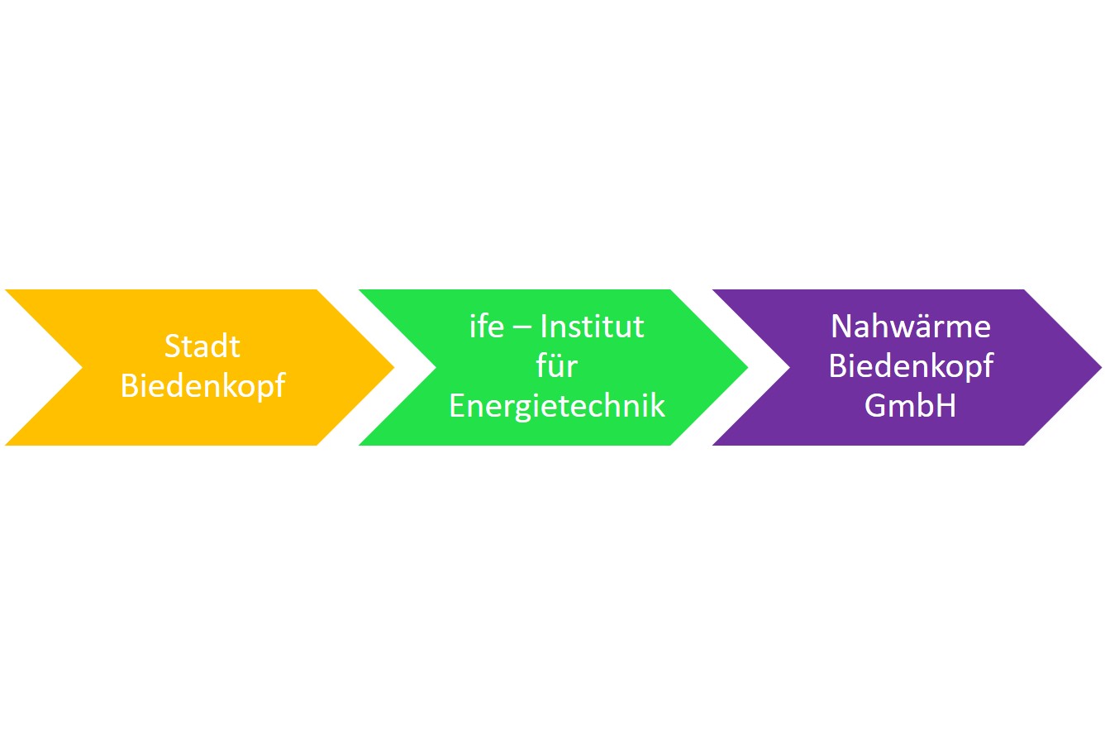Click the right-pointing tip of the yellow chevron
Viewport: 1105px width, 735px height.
pos(394,367)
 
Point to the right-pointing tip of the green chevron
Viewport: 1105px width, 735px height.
pos(748,367)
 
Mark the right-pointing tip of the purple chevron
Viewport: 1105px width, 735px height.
pos(1102,367)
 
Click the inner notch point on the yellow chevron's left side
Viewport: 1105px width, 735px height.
pos(83,367)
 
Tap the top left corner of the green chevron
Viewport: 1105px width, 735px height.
pos(360,289)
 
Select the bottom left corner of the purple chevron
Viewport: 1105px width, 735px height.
pos(712,446)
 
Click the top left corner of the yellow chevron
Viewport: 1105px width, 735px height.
pos(5,289)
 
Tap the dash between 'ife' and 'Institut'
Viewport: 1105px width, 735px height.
pos(522,327)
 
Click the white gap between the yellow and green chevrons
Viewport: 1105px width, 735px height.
pos(376,367)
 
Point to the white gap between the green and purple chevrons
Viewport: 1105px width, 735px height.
pos(730,367)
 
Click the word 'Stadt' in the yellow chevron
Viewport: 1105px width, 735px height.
pos(202,346)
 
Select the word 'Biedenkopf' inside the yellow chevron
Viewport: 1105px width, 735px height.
pos(202,386)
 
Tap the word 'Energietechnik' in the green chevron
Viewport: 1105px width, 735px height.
pos(557,407)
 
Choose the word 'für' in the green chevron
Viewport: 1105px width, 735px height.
pos(556,366)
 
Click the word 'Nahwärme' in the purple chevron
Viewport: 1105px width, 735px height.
pos(911,327)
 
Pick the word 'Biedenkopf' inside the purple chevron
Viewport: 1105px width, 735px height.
pos(911,367)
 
